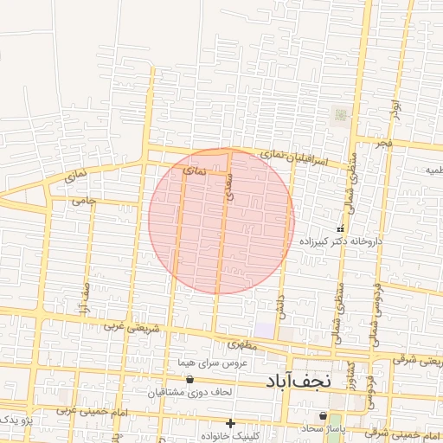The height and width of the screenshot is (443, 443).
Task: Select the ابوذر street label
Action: (x=395, y=108)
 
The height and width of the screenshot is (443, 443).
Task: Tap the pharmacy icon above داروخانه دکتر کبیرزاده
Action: (x=338, y=226)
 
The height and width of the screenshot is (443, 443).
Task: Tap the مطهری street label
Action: (x=239, y=344)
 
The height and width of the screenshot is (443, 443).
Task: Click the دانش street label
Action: (x=280, y=302)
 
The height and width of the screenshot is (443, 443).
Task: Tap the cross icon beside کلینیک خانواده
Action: (x=230, y=423)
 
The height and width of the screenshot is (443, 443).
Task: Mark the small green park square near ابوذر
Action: (x=340, y=114)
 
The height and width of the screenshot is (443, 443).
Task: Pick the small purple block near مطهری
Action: (x=264, y=331)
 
